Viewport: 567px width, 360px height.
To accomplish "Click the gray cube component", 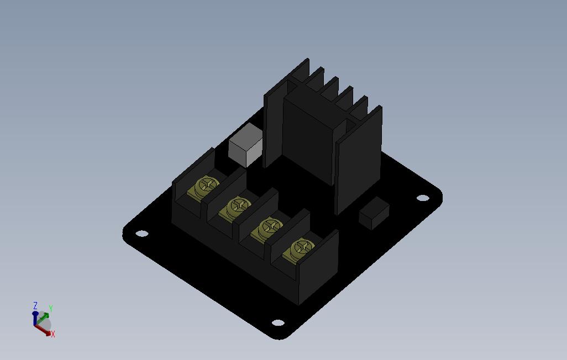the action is pos(245,145).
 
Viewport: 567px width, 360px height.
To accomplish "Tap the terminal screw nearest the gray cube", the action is pos(207,186).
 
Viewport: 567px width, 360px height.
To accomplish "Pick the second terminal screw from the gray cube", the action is pos(239,207).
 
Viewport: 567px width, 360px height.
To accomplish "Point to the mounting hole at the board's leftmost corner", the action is pos(141,234).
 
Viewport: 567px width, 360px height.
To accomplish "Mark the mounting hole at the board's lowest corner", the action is pos(278,322).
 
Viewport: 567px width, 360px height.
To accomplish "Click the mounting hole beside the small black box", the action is pos(423,198).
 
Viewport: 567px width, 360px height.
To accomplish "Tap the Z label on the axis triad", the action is pos(35,305).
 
